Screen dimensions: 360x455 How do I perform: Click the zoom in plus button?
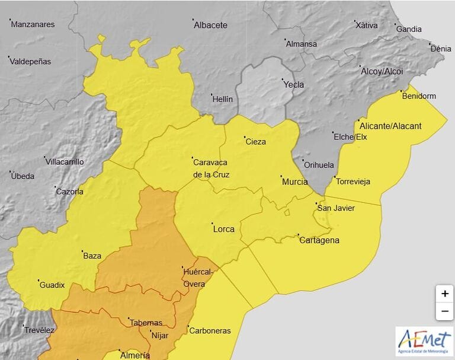[x=444, y=294]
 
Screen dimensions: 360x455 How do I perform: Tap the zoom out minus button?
[x=444, y=311]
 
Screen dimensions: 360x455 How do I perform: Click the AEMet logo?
[x=425, y=341]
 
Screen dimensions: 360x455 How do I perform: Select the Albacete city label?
[x=211, y=26]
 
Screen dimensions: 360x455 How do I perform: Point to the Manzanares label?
[x=33, y=25]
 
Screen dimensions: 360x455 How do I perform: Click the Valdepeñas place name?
[x=31, y=62]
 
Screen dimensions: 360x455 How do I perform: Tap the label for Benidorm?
[x=419, y=96]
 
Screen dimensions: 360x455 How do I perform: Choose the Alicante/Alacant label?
[x=391, y=126]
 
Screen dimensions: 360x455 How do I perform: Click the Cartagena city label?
[x=319, y=240]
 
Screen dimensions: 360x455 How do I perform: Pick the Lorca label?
[x=223, y=229]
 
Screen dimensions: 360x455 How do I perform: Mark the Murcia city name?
[x=294, y=182]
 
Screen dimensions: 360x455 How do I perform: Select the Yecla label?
[x=294, y=85]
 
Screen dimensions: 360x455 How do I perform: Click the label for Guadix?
[x=52, y=285]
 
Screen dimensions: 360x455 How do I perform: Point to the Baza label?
[x=92, y=256]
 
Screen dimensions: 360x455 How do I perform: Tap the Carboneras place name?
[x=210, y=331]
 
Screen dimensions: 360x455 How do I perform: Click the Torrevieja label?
[x=353, y=181]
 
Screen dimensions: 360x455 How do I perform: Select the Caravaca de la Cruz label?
[x=211, y=168]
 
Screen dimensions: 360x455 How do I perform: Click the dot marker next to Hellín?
[x=212, y=94]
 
